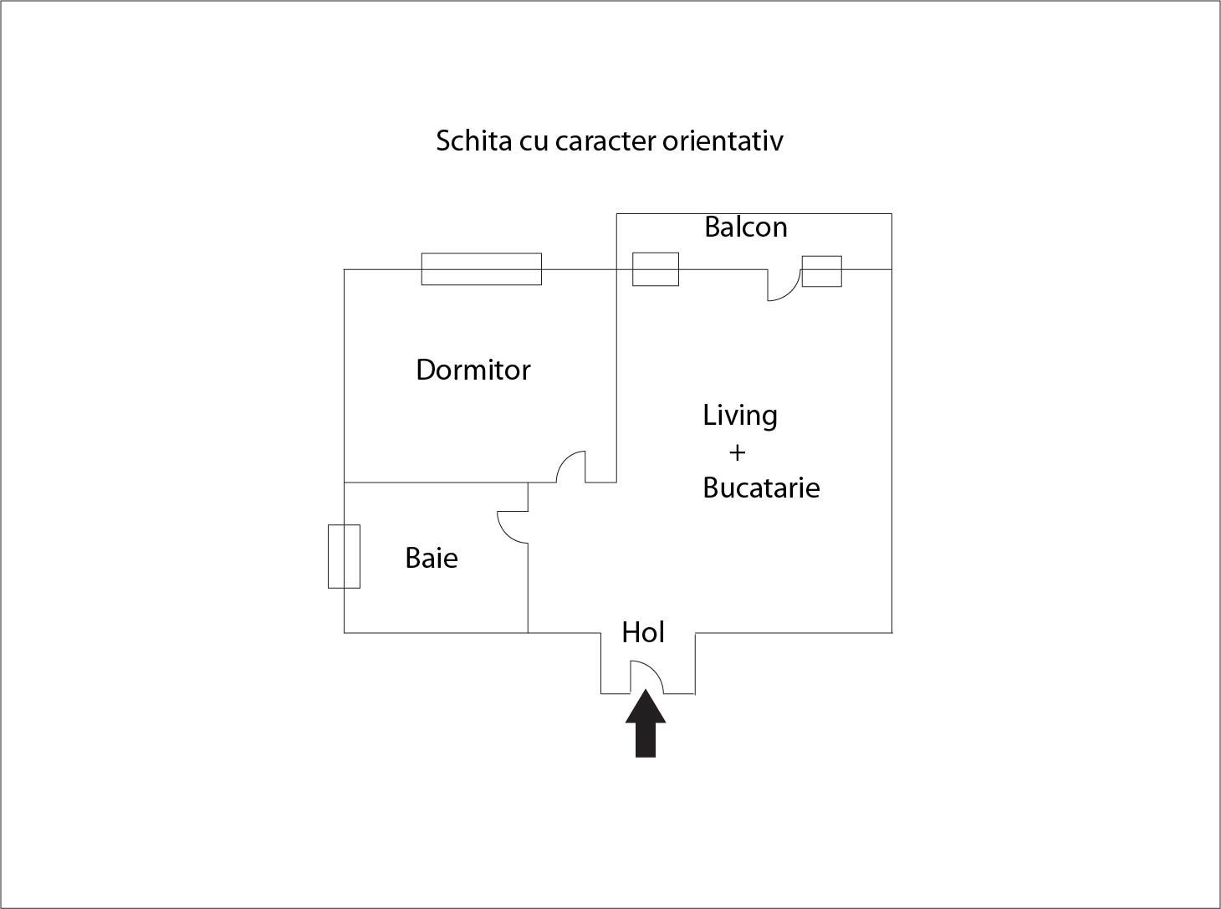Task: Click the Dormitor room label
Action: [x=473, y=370]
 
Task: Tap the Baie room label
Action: [x=432, y=559]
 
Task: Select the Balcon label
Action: [x=746, y=227]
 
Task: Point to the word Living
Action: [x=740, y=416]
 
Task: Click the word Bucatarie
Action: [x=761, y=488]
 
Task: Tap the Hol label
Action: [x=643, y=632]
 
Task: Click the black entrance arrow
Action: [x=646, y=723]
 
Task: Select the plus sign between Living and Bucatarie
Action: [x=737, y=453]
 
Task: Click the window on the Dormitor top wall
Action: [x=482, y=269]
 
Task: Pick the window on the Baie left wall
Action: [x=344, y=557]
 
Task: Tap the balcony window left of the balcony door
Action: [x=656, y=269]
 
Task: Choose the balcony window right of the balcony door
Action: [x=822, y=272]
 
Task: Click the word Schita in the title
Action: [x=473, y=141]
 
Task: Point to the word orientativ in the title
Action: [x=723, y=141]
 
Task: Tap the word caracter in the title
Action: [x=605, y=142]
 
